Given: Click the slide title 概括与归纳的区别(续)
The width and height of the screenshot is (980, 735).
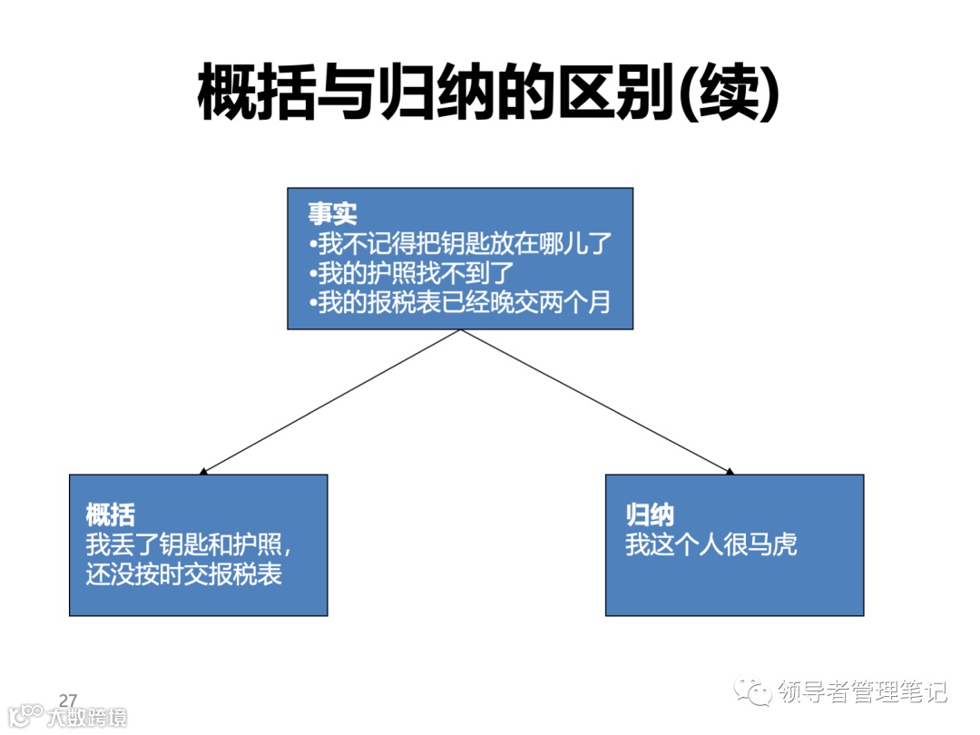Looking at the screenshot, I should coord(488,92).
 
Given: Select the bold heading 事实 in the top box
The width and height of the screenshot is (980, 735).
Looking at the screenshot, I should coord(332,213).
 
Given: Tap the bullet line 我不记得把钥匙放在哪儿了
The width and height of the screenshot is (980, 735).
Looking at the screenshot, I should coord(461,243).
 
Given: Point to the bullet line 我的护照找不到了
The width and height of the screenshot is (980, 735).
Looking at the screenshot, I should coord(411,272).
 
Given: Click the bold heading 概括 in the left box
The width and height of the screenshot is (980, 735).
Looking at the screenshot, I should coord(111,515).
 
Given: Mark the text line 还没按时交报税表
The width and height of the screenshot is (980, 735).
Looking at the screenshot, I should coord(184,574).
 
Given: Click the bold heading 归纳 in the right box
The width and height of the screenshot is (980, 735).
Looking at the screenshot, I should coord(650,515).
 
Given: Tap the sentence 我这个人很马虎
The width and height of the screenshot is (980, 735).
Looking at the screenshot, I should coord(711,545).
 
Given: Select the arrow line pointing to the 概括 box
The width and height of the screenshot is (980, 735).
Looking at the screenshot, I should coord(331,400).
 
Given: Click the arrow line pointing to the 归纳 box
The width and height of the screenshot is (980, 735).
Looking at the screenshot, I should coord(594,400).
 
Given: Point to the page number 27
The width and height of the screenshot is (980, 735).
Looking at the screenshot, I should coord(68,700).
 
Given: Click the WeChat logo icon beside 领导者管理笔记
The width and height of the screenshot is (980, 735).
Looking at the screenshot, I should coord(754,692).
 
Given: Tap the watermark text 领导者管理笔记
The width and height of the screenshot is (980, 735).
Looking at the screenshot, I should coord(863,693).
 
